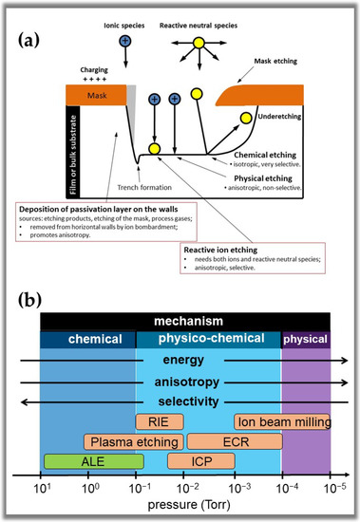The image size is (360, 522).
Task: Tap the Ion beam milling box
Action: pyautogui.click(x=283, y=421)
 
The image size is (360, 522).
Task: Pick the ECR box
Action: pyautogui.click(x=234, y=441)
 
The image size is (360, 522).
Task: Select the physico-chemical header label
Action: pyautogui.click(x=208, y=339)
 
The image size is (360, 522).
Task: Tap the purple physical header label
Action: pyautogui.click(x=306, y=339)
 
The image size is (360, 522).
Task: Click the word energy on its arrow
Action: pyautogui.click(x=183, y=361)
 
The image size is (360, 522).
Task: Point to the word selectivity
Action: pyautogui.click(x=183, y=402)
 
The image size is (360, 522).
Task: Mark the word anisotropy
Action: pyautogui.click(x=183, y=382)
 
